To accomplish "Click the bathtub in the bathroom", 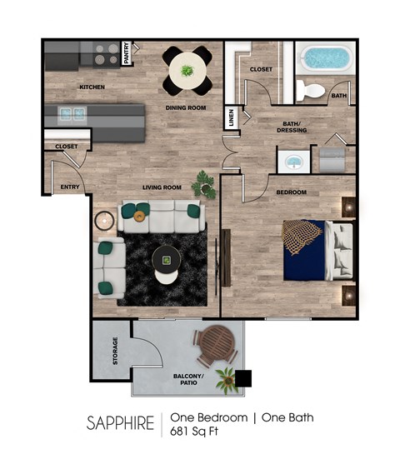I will (326, 57).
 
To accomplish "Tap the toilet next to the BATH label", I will (314, 90).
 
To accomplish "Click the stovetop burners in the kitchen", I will (106, 55).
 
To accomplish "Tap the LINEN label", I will (231, 118).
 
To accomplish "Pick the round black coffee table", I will (167, 262).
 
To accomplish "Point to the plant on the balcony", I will (225, 380).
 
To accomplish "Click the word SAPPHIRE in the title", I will (120, 423).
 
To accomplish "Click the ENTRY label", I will (71, 187).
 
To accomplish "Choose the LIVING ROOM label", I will (162, 187).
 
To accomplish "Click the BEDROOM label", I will (292, 192).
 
